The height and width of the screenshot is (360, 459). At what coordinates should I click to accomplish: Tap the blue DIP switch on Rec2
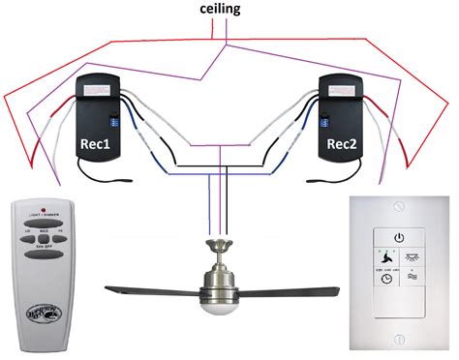pyautogui.click(x=323, y=123)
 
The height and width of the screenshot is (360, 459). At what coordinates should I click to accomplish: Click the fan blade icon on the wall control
pyautogui.click(x=385, y=258)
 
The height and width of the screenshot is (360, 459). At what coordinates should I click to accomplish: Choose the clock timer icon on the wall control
pyautogui.click(x=385, y=278)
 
